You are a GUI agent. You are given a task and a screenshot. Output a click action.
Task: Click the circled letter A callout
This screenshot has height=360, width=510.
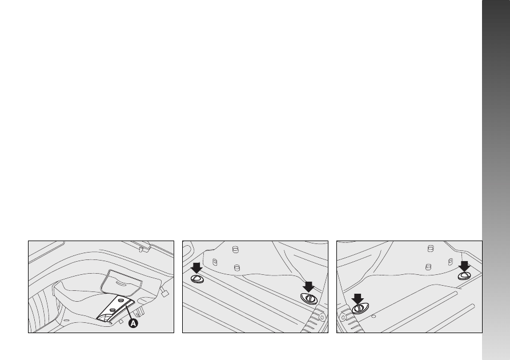(134, 323)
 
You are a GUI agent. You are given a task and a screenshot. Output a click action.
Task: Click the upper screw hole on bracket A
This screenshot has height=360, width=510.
(121, 300)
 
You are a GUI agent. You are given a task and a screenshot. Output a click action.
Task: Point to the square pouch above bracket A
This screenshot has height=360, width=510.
(121, 282)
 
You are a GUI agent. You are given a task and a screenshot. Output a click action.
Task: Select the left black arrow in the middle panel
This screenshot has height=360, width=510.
(196, 268)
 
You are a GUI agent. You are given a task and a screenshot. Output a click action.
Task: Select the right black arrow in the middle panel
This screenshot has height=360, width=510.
(308, 287)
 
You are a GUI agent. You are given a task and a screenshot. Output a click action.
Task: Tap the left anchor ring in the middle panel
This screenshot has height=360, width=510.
(197, 279)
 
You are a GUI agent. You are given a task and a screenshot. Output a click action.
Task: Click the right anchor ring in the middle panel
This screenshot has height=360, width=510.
(309, 298)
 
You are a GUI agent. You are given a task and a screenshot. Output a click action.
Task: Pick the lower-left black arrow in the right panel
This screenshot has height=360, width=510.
(358, 299)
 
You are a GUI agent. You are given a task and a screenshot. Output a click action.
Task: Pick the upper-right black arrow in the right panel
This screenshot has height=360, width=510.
(464, 266)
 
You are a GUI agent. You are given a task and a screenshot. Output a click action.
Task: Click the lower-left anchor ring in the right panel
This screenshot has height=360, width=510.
(360, 308)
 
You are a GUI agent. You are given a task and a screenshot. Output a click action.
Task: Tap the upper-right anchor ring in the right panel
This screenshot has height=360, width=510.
(464, 276)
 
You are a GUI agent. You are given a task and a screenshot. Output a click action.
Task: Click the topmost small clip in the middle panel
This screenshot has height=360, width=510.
(235, 250)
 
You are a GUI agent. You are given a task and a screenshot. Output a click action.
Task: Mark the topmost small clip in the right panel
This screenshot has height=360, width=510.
(430, 249)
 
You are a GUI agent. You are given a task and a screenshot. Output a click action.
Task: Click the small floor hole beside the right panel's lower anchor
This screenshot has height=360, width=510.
(374, 316)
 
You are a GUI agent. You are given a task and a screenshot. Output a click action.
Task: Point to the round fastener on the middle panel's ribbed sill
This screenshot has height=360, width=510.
(322, 317)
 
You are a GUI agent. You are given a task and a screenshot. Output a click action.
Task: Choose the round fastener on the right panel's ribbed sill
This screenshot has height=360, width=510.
(343, 317)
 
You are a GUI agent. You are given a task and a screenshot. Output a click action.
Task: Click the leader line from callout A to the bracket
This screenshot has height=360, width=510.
(129, 312)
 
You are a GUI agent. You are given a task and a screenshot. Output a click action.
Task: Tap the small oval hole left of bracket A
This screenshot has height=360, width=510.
(66, 321)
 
